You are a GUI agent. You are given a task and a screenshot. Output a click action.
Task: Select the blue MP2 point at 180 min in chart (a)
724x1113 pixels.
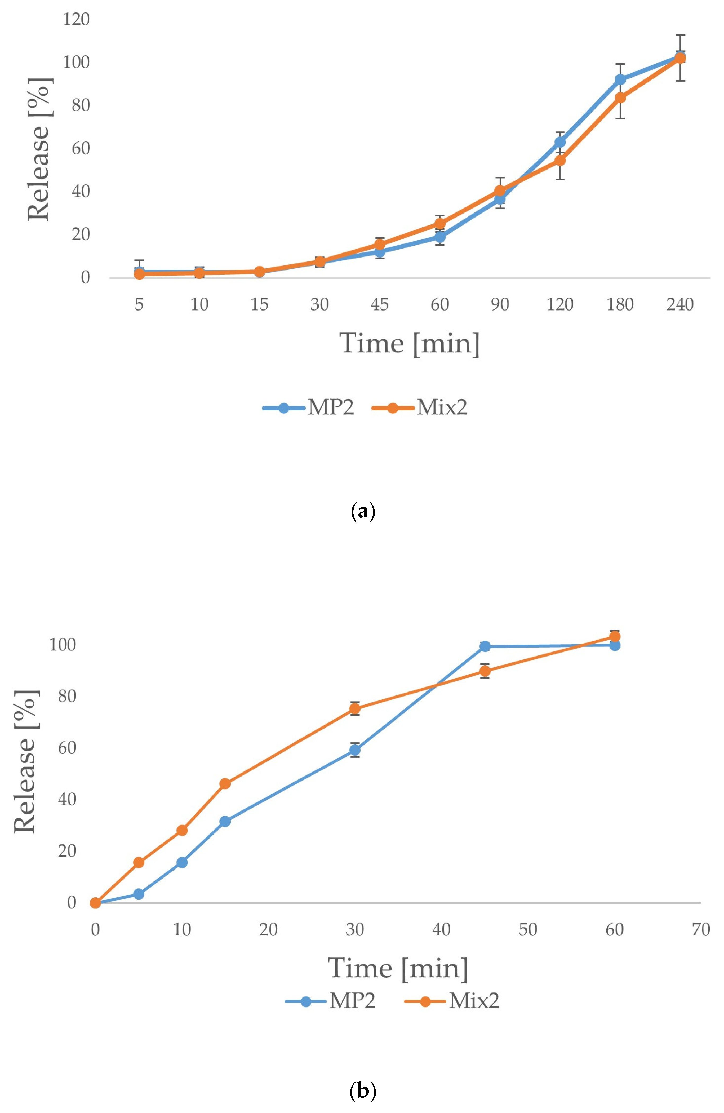point(620,79)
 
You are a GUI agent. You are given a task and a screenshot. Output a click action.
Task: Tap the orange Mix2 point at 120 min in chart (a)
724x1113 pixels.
point(560,160)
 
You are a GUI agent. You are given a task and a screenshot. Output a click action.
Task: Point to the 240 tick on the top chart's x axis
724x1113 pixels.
point(680,304)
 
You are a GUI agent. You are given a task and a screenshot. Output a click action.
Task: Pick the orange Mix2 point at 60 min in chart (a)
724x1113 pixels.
point(440,223)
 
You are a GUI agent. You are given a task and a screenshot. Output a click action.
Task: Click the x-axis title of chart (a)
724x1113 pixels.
point(409,344)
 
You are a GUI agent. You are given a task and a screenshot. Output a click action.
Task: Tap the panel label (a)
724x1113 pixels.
point(362,512)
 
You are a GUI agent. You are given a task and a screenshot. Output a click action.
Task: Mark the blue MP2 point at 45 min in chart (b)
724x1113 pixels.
point(485,646)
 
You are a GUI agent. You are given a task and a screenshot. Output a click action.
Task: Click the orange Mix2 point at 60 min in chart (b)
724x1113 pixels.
point(615,636)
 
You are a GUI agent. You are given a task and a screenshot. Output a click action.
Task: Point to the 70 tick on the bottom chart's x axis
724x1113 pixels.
point(701,929)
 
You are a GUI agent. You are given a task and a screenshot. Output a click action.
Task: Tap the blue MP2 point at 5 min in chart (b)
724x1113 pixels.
point(139,894)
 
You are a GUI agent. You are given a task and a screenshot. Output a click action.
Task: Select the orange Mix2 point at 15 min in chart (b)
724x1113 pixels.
point(225,783)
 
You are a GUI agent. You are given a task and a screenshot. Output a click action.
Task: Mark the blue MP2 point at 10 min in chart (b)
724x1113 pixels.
point(182,862)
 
